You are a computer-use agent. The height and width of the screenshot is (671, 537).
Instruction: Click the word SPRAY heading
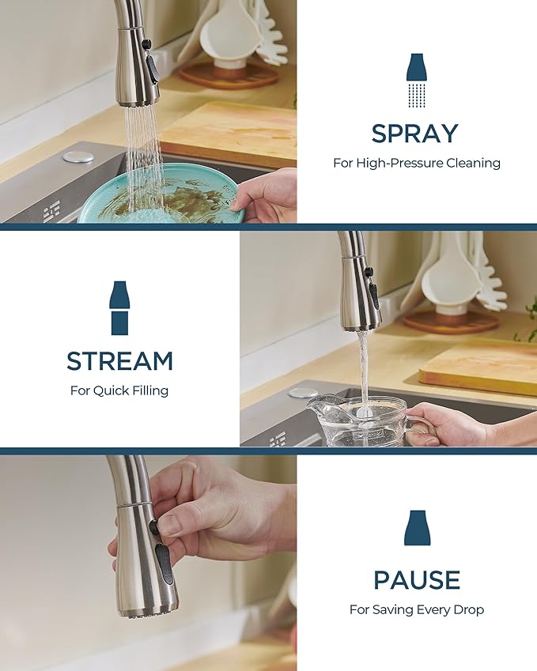(x=414, y=134)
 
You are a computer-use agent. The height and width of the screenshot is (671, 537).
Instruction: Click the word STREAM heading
(x=119, y=361)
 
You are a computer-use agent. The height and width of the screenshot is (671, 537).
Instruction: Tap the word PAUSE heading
(x=416, y=580)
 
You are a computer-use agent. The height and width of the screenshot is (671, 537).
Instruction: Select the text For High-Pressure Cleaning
(x=416, y=163)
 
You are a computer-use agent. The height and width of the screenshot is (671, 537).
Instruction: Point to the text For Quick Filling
(x=119, y=390)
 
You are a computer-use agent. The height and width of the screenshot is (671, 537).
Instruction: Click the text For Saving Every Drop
(x=416, y=609)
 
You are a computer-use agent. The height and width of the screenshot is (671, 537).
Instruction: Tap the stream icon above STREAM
(x=119, y=307)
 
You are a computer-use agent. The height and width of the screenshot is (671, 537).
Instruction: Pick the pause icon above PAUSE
(x=416, y=528)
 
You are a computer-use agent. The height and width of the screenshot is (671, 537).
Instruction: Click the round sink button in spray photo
(x=78, y=156)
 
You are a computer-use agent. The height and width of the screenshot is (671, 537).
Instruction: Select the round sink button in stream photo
(x=303, y=393)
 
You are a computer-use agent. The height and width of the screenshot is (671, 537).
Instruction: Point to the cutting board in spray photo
(x=229, y=126)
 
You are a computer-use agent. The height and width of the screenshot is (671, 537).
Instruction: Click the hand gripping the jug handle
(x=451, y=426)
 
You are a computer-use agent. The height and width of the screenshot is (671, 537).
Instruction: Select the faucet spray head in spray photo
(x=138, y=71)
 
